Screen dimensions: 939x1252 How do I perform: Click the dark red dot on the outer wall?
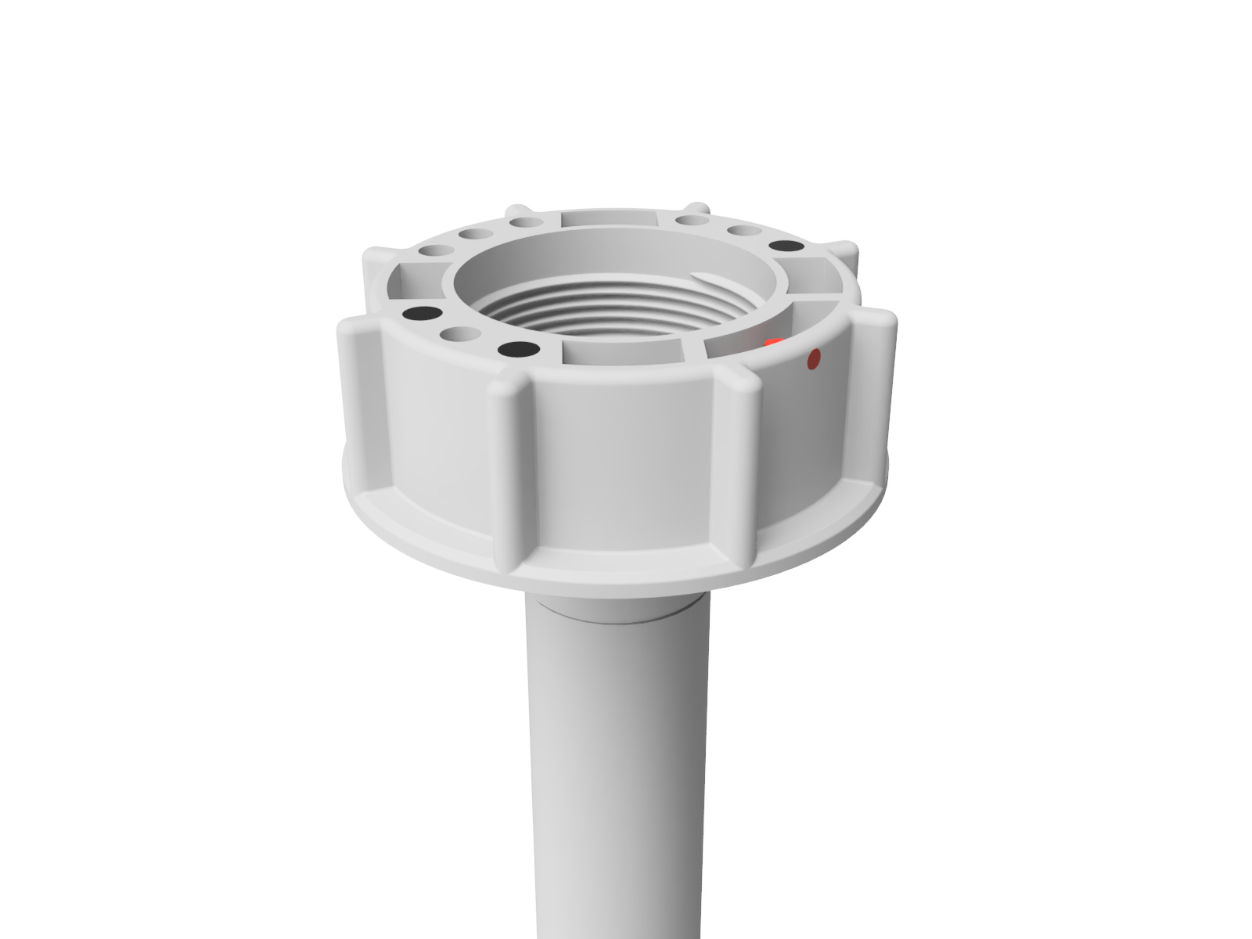pyautogui.click(x=814, y=359)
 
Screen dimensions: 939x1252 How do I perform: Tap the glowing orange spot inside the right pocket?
pyautogui.click(x=772, y=343)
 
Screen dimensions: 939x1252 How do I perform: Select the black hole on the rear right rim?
pyautogui.click(x=786, y=246)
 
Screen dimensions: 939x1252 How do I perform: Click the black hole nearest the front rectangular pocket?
pyautogui.click(x=522, y=348)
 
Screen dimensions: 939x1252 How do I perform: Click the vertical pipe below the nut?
pyautogui.click(x=614, y=767)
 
